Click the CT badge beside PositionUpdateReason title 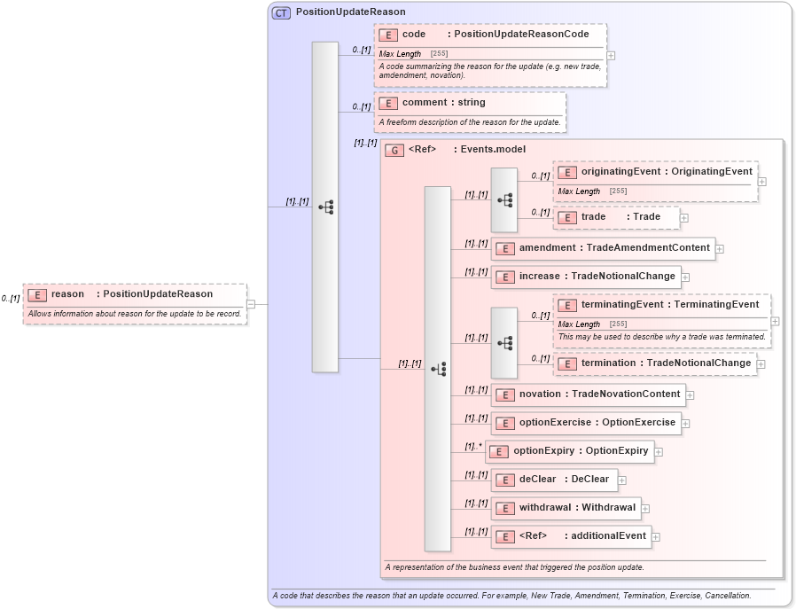pos(281,12)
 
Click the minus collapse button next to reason pos(251,304)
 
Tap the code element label pos(414,35)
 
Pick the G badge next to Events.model pos(394,151)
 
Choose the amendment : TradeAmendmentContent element pos(604,248)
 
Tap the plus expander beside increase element pos(685,277)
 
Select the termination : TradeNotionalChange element pos(655,363)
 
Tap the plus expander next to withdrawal pos(645,509)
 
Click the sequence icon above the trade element pos(504,200)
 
